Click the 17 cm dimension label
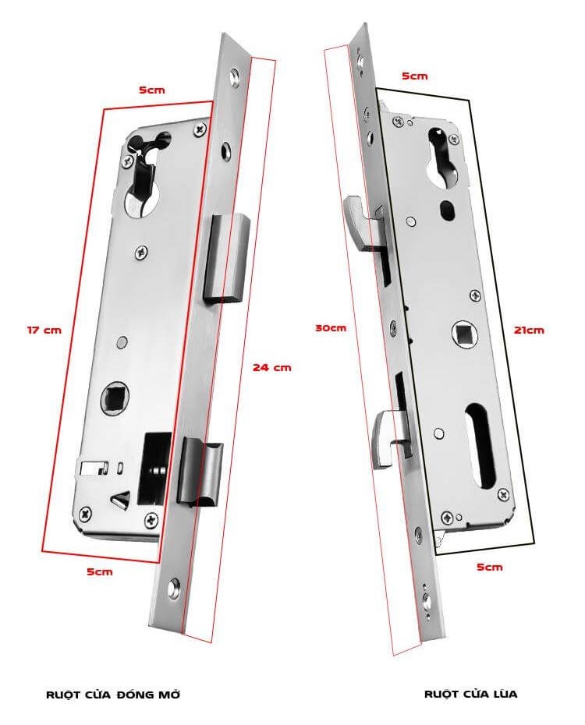44,330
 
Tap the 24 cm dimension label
272,368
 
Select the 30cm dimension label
330,328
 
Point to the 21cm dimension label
529,330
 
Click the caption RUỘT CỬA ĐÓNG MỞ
113,694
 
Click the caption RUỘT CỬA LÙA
471,694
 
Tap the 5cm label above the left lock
151,90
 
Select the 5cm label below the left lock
99,571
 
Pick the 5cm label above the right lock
414,76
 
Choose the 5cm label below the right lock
489,567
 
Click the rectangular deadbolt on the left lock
225,259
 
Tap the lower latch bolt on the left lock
200,472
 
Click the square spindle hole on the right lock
464,334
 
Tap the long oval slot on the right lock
480,446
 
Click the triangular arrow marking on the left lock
121,500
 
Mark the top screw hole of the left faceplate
235,77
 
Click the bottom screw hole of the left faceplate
174,589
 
